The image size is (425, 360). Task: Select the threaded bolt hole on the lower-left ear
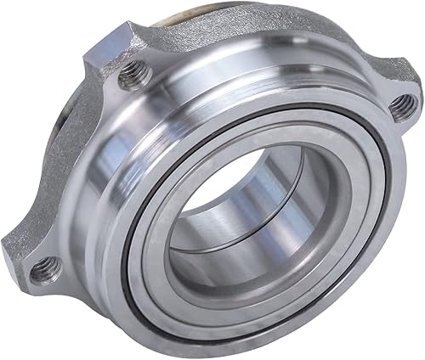coord(38,272)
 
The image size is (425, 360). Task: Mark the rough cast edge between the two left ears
coord(64,170)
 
